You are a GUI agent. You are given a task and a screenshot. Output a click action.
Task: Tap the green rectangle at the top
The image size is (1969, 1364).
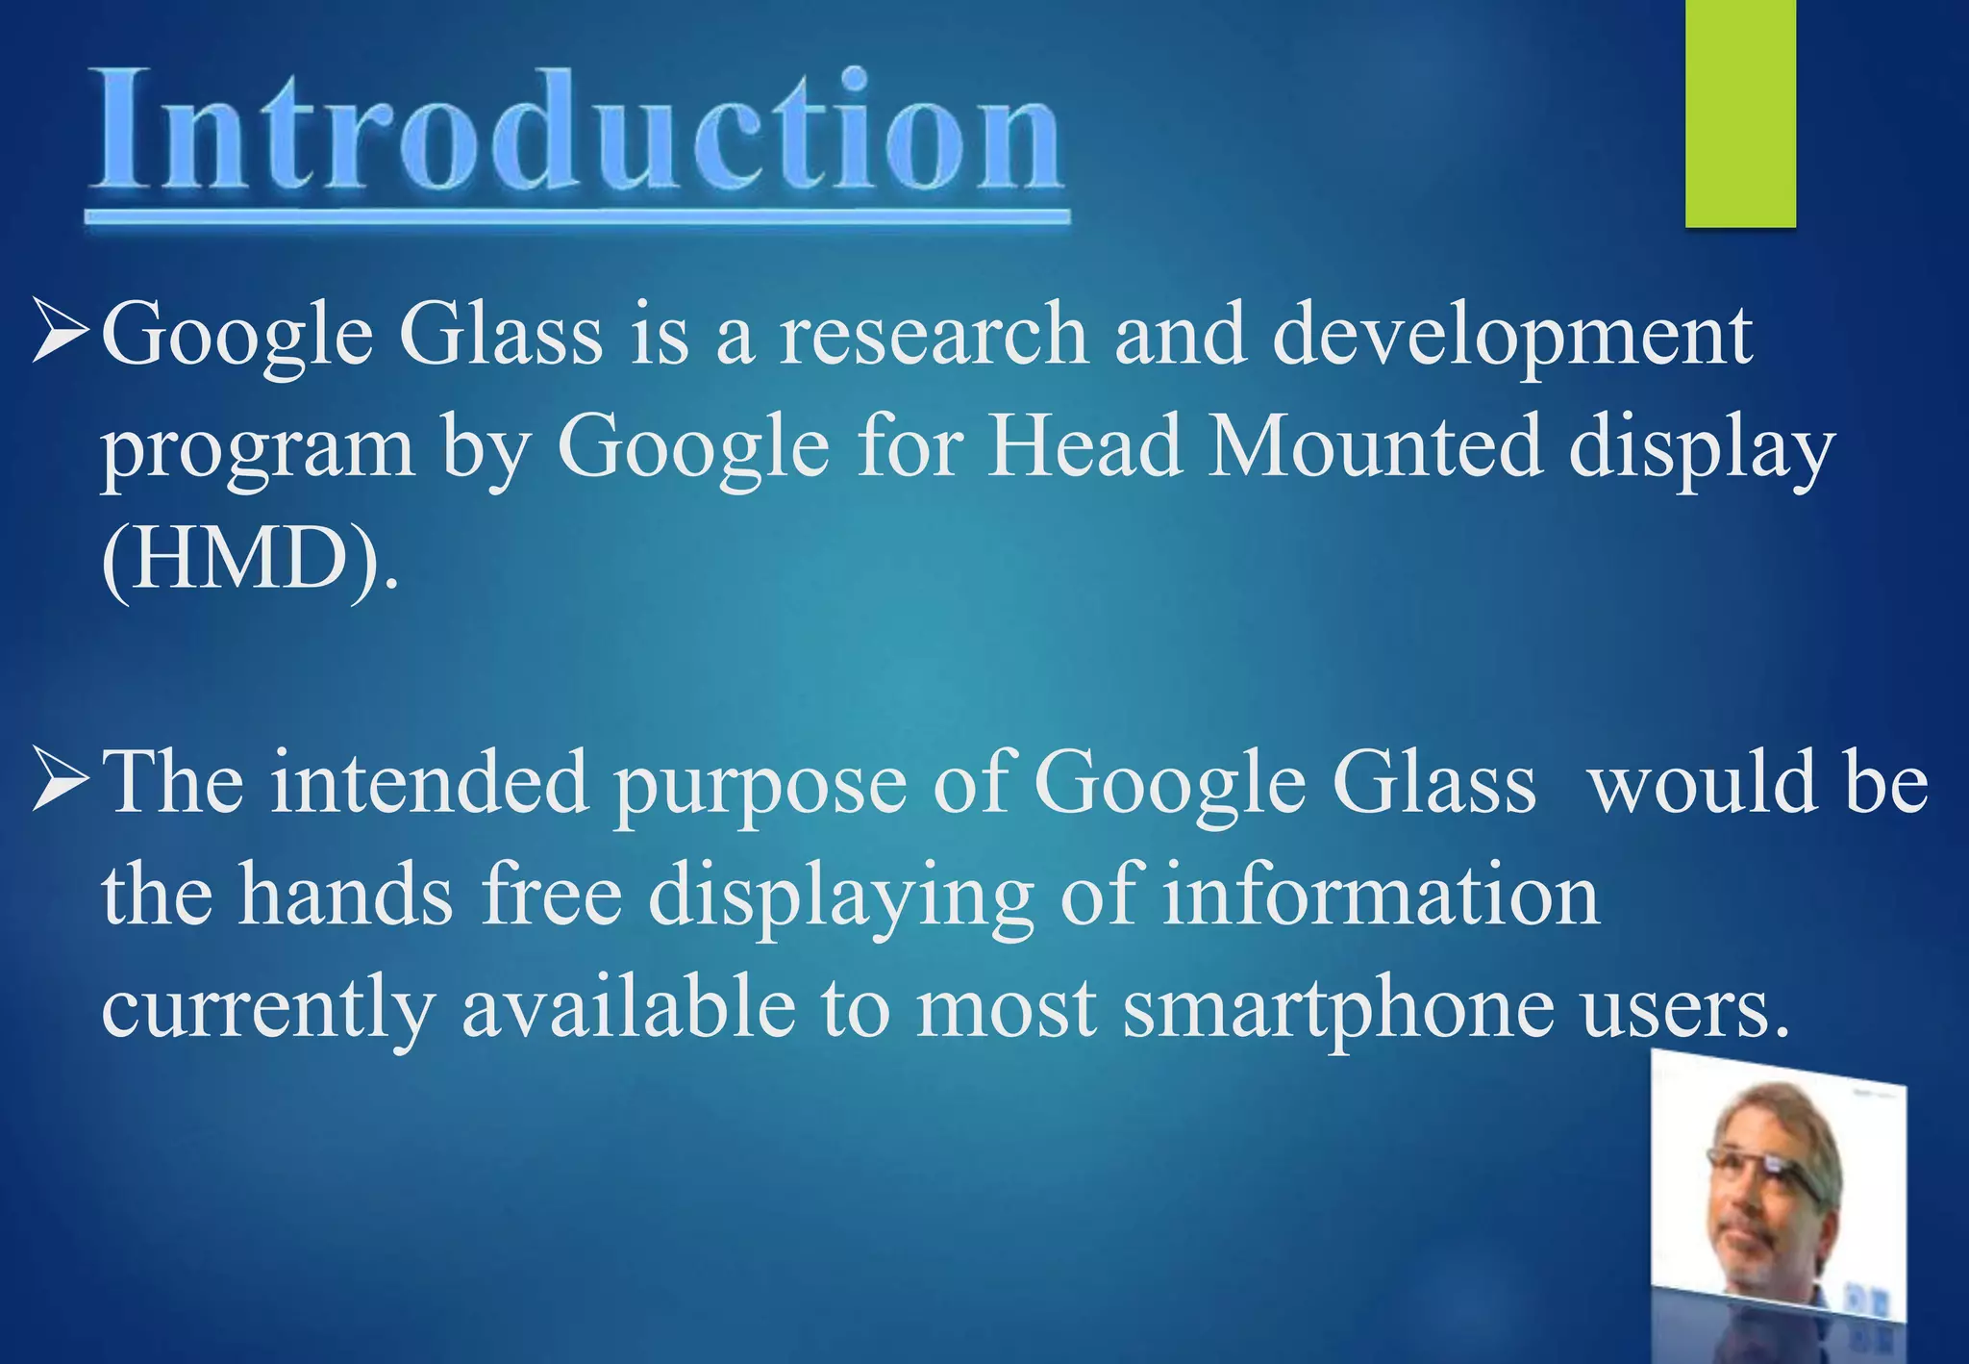point(1740,114)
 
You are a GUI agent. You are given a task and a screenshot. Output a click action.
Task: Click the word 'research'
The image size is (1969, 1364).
point(933,334)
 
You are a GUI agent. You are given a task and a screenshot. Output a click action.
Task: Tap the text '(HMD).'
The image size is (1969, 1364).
point(248,560)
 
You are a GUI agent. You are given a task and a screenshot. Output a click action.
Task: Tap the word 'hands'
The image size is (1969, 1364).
point(345,894)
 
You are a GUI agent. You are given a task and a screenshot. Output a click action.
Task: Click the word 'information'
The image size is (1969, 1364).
point(1381,894)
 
